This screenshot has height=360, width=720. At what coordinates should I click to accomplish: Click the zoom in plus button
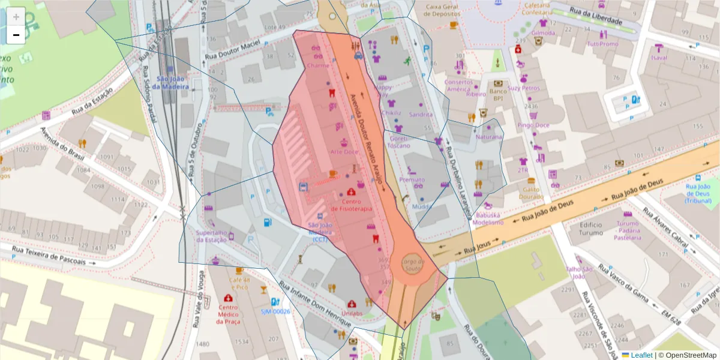[x=16, y=16]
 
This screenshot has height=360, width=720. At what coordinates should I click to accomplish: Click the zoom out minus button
[x=16, y=35]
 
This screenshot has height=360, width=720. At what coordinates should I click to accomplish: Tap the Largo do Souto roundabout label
[x=413, y=265]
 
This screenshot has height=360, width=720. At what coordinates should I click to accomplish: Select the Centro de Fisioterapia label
[x=351, y=205]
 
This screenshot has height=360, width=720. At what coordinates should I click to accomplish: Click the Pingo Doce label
[x=534, y=125]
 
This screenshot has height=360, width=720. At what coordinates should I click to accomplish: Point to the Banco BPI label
[x=498, y=94]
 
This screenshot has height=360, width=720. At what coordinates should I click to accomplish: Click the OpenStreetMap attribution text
[x=689, y=355]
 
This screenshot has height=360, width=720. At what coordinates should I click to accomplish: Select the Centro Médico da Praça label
[x=228, y=314]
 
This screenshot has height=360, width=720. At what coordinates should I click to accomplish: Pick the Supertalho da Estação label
[x=215, y=236]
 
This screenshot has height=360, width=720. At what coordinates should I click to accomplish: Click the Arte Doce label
[x=344, y=152]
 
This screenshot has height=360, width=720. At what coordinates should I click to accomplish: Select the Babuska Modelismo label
[x=488, y=218]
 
